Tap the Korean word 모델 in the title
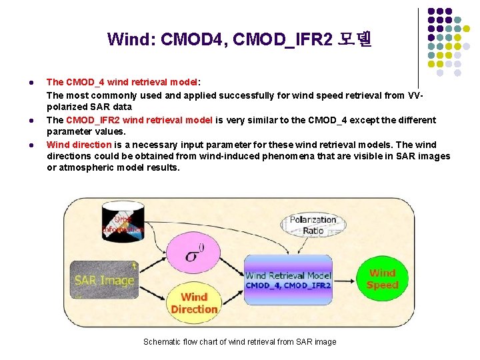(355, 39)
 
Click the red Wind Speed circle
(382, 279)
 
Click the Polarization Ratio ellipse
(313, 225)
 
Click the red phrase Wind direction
(79, 145)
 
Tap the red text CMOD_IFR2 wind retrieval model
(139, 120)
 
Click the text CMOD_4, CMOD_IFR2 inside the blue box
(288, 285)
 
